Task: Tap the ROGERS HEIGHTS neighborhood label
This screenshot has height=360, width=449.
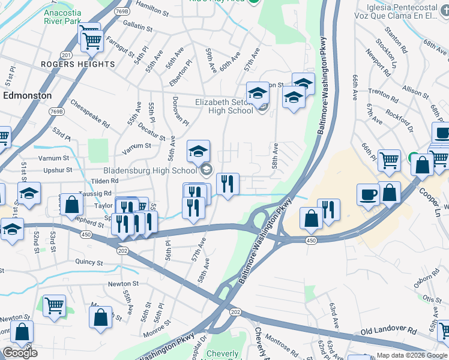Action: [78, 64]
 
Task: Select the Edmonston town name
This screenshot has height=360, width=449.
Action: [28, 95]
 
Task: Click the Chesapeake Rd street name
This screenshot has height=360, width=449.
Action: [90, 117]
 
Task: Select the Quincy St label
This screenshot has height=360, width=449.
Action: [89, 262]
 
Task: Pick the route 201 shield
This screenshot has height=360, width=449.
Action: [67, 55]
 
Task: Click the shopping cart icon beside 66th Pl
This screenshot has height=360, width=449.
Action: [389, 160]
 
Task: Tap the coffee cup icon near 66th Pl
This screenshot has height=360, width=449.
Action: [368, 194]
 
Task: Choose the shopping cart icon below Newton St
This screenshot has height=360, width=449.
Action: [55, 305]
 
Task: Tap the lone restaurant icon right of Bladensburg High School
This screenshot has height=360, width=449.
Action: [228, 184]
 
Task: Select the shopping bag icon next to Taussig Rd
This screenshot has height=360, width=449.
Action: [71, 204]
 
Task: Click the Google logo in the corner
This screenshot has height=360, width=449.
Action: [20, 353]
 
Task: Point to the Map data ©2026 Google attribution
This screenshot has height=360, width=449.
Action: [411, 355]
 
